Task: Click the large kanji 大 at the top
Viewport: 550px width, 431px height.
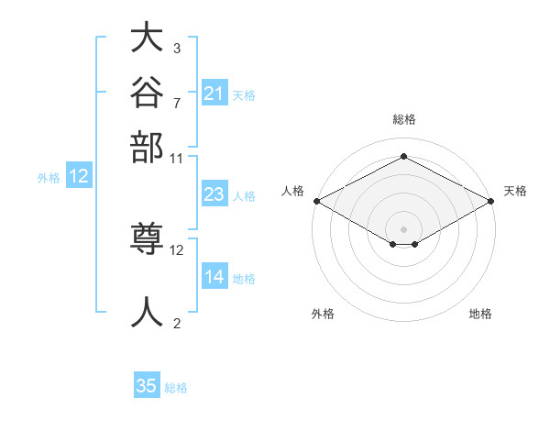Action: tap(147, 37)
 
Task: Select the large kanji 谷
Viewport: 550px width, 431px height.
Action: tap(147, 92)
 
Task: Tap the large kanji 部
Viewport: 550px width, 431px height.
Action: tap(147, 147)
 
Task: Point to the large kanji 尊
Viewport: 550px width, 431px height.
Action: tap(147, 238)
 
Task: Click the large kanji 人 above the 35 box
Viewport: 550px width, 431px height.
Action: tap(147, 312)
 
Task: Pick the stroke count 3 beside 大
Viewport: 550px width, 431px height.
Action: tap(177, 49)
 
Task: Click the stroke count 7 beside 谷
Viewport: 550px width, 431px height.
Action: tap(177, 104)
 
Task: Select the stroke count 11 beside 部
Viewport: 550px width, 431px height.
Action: tap(176, 159)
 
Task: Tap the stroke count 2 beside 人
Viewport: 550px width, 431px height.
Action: tap(177, 323)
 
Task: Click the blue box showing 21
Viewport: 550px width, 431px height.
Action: tap(214, 93)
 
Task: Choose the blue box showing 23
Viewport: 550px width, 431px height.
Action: tap(214, 193)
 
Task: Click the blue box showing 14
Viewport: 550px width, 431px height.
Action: tap(214, 275)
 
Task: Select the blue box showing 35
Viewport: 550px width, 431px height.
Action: tap(147, 384)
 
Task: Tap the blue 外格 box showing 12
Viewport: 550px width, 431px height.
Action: tap(79, 175)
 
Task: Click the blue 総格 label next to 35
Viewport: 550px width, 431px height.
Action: tap(176, 388)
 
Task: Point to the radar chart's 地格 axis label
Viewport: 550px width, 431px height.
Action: tap(480, 314)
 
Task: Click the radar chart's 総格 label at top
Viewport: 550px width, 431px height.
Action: tap(404, 119)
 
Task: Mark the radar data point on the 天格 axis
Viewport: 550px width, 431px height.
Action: tap(491, 201)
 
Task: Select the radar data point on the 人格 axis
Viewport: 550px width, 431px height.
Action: tap(317, 201)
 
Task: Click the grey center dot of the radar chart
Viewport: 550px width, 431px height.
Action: tap(403, 229)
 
